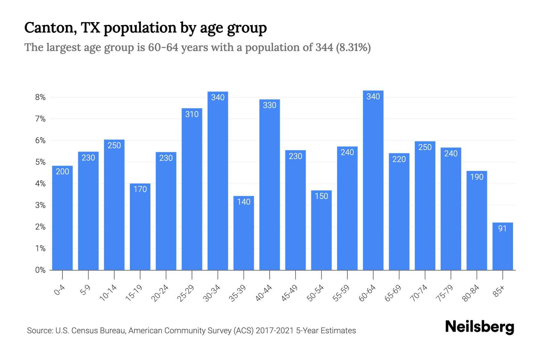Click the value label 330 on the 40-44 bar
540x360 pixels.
(269, 105)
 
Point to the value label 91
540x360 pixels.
(502, 229)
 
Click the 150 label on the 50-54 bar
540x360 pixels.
(321, 196)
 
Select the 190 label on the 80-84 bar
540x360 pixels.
(477, 177)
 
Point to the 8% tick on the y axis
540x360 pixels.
(40, 97)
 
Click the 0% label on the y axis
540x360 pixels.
(40, 270)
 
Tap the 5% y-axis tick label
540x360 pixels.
(40, 162)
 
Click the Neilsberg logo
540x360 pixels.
(479, 327)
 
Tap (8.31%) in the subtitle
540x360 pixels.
(353, 47)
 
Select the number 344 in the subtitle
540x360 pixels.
(324, 47)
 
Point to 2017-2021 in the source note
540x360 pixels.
(275, 331)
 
